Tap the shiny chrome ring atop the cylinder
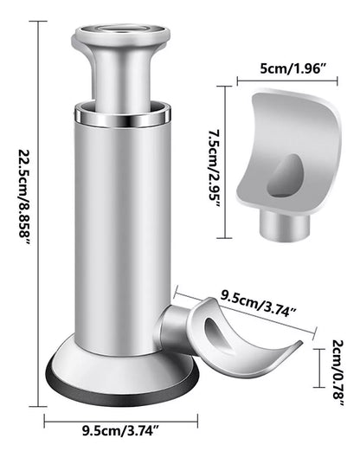[x=120, y=113]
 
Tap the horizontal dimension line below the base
[x=119, y=423]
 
